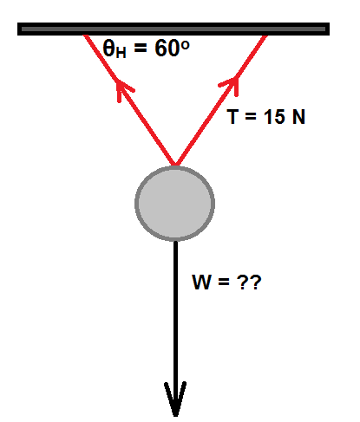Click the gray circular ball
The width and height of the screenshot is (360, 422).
click(175, 204)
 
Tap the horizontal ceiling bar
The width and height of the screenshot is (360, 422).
click(173, 29)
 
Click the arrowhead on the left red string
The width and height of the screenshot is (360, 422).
click(124, 89)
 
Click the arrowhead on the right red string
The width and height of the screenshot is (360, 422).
click(230, 85)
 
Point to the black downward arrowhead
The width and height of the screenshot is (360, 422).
click(175, 399)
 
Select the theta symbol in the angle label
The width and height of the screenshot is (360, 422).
click(109, 48)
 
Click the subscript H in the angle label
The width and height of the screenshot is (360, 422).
click(121, 53)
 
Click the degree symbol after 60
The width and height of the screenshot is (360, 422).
click(185, 45)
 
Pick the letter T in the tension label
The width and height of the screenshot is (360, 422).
click(232, 116)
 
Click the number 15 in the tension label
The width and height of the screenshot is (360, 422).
click(274, 117)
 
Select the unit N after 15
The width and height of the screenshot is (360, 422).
click(298, 117)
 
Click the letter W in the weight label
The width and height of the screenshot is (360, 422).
click(201, 282)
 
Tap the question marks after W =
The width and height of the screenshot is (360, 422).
click(249, 282)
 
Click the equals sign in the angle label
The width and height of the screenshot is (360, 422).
click(141, 49)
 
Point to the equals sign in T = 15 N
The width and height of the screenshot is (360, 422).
click(251, 117)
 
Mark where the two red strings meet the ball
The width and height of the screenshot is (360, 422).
click(175, 166)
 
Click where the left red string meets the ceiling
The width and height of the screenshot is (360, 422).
click(85, 36)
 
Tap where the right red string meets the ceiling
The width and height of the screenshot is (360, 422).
click(265, 36)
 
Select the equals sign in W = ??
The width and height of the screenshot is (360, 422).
click(224, 282)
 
